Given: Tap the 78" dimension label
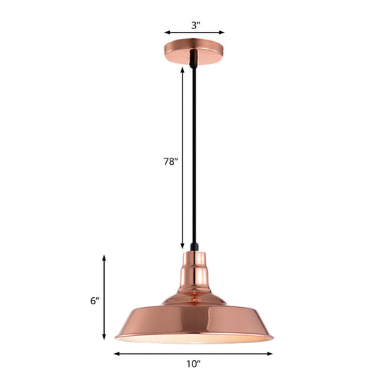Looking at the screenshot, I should (170, 161).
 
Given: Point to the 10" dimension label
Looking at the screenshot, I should (193, 365).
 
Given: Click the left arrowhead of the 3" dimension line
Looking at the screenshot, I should (167, 32).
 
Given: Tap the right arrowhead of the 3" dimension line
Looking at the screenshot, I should (222, 32).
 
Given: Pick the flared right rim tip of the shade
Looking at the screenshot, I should (272, 337).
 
